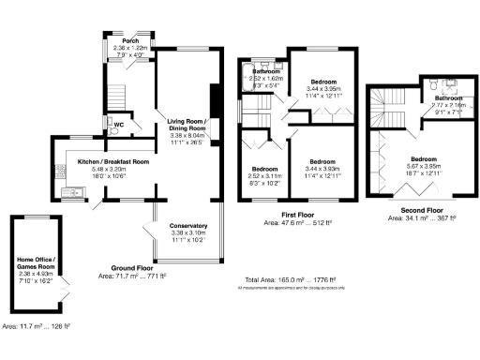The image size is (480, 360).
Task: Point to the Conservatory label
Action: [x=187, y=226]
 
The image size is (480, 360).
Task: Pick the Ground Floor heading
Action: [x=132, y=267]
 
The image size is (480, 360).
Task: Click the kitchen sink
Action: [x=71, y=194]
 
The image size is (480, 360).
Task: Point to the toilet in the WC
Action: [x=113, y=130]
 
